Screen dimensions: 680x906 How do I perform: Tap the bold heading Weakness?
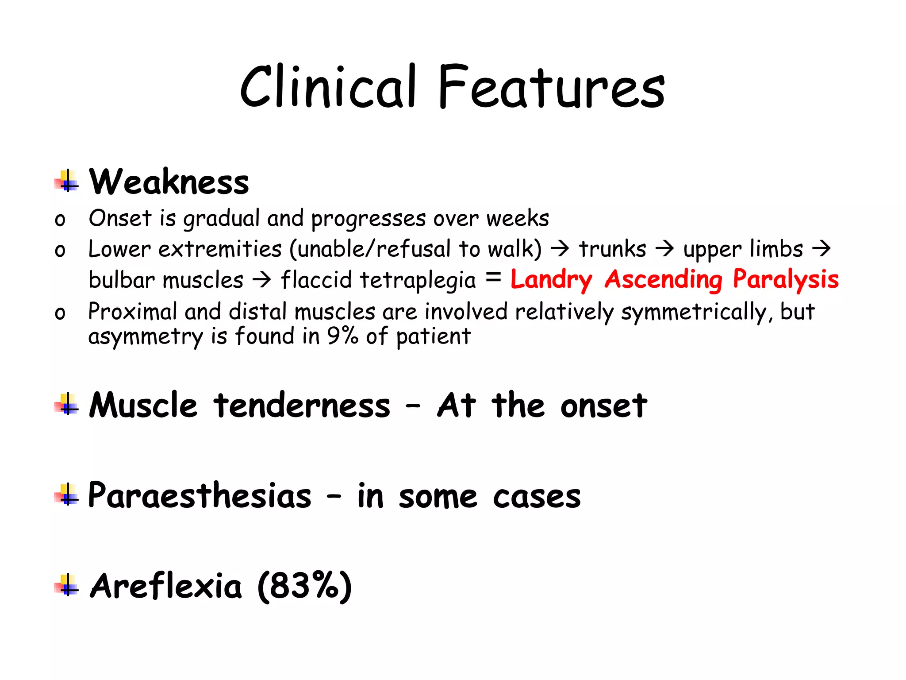(169, 182)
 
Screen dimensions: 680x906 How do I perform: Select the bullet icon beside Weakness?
(67, 181)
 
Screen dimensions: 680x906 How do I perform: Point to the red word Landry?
(551, 280)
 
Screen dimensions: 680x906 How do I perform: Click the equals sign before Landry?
(493, 278)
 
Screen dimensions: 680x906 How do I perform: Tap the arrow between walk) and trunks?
(560, 249)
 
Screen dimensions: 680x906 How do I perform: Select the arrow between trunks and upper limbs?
(664, 249)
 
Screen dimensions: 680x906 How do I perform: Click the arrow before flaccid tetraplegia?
(262, 280)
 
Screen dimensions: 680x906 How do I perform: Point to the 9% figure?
(342, 336)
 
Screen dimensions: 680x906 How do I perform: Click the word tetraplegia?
(418, 280)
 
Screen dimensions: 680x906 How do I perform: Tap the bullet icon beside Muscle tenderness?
(67, 404)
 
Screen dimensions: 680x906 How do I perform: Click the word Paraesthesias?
(200, 495)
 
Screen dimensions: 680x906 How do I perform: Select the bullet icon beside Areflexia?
(67, 585)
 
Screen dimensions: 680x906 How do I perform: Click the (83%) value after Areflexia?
(304, 586)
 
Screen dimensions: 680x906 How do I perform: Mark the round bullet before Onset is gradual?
(60, 220)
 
